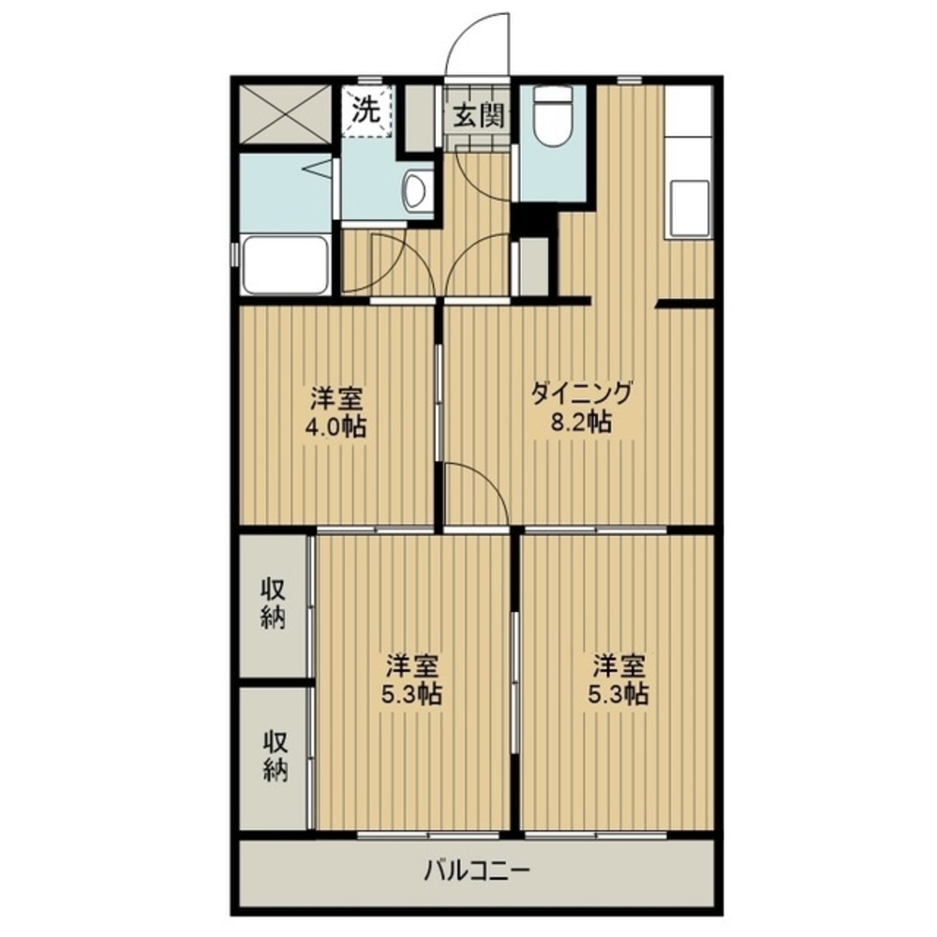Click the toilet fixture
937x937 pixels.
552,117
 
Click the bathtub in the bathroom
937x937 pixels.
286,264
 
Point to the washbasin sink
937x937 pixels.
417,190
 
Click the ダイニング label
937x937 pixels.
581,394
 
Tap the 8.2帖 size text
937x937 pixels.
581,423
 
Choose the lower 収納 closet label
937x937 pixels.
276,756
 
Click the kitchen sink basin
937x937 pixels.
692,209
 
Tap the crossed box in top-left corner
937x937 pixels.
285,114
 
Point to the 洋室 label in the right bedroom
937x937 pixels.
619,664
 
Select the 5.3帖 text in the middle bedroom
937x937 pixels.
411,693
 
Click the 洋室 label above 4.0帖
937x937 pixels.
335,398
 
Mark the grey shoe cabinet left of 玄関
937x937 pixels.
420,118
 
